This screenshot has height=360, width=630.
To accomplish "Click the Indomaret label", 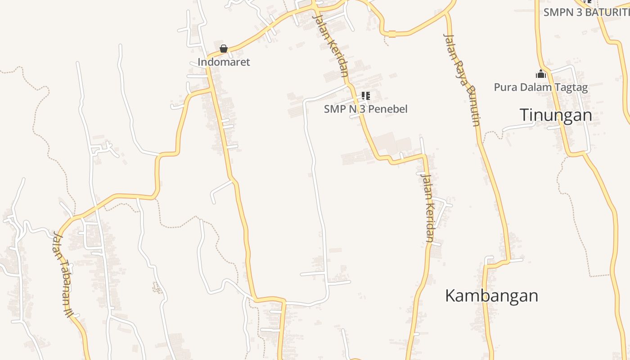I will pyautogui.click(x=224, y=62).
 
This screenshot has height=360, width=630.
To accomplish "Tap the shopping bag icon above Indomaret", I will pyautogui.click(x=224, y=49).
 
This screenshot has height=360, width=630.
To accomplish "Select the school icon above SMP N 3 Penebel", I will pyautogui.click(x=366, y=95).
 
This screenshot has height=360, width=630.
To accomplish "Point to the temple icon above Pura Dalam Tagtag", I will pyautogui.click(x=540, y=74).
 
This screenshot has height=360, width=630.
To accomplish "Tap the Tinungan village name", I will pyautogui.click(x=556, y=115).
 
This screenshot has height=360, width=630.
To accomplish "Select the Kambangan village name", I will pyautogui.click(x=491, y=296).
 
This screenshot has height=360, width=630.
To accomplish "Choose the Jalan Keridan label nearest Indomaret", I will pyautogui.click(x=331, y=46).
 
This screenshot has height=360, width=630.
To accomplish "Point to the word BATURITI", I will pyautogui.click(x=605, y=12).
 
